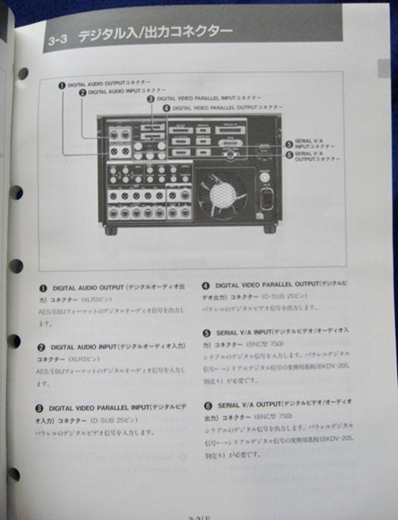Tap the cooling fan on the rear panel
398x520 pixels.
222,194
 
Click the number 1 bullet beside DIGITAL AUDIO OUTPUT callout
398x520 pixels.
62,85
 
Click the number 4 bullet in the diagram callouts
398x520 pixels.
167,108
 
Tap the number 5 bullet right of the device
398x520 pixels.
289,144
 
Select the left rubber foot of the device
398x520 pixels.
111,230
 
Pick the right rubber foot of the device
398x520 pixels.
269,230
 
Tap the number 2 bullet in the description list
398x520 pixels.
42,347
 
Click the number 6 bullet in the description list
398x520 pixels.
207,405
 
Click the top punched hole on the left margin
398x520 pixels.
22,73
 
